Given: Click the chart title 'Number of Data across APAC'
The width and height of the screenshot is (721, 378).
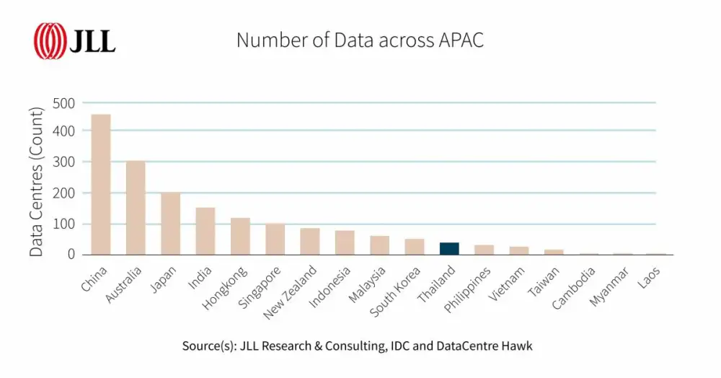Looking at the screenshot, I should point(360,40).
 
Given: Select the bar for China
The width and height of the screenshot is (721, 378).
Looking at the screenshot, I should point(101,184).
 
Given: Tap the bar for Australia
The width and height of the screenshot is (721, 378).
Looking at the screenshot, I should point(136,208).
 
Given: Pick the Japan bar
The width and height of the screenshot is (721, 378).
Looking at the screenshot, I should point(170,223).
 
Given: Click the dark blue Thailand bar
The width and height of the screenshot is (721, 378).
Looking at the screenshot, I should point(449,248).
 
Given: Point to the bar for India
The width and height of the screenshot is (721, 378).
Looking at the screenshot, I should point(205,231).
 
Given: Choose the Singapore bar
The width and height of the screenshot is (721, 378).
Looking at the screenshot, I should point(275,239).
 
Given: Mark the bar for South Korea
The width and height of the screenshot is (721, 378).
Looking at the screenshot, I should point(415,246).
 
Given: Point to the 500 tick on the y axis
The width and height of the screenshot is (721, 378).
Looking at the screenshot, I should point(64,103).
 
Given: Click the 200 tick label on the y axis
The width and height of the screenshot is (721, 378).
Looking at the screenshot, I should point(64,193).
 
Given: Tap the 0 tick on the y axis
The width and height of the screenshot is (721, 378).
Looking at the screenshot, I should point(71,254).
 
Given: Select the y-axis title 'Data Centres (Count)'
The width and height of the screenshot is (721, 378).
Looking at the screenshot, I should point(35,178).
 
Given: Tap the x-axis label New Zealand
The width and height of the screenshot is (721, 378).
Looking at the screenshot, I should point(290,293).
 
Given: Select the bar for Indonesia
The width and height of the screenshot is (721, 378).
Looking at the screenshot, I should point(345,242).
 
